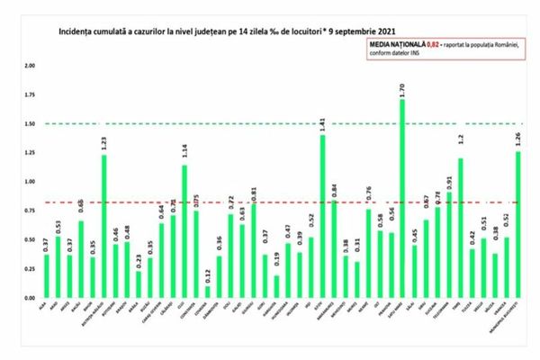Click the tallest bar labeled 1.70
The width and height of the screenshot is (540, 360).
pyautogui.click(x=402, y=198)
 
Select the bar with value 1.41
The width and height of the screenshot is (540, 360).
pyautogui.click(x=323, y=216)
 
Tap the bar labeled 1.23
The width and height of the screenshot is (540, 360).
pyautogui.click(x=104, y=226)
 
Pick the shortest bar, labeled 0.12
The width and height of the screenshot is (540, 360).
pyautogui.click(x=208, y=291)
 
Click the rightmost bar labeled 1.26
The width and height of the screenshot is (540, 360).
pyautogui.click(x=518, y=224)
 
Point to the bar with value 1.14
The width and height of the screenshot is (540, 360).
pyautogui.click(x=184, y=230)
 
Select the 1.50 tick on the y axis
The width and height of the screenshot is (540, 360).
pyautogui.click(x=31, y=123)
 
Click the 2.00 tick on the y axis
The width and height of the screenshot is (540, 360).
pyautogui.click(x=31, y=66)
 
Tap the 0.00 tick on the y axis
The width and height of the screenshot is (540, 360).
pyautogui.click(x=31, y=298)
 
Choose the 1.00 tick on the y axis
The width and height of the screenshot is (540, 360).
pyautogui.click(x=31, y=182)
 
